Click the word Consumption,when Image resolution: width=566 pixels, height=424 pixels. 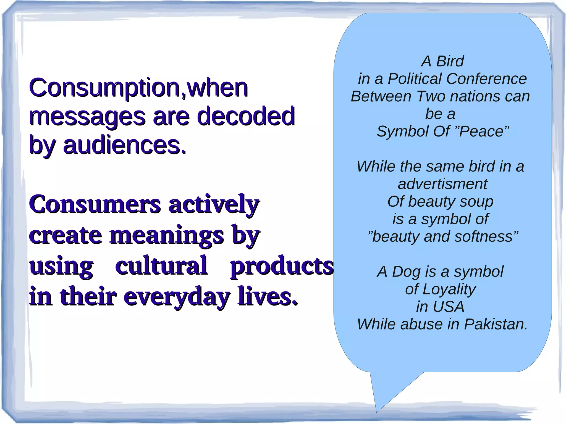138,88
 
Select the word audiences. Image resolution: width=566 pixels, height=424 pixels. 124,145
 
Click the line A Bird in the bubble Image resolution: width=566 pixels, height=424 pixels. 442,61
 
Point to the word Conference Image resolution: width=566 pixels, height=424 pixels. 486,79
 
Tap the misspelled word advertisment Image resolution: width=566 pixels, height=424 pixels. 442,184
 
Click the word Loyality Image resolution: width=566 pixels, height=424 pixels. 449,289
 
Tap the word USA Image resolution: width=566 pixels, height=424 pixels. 448,307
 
